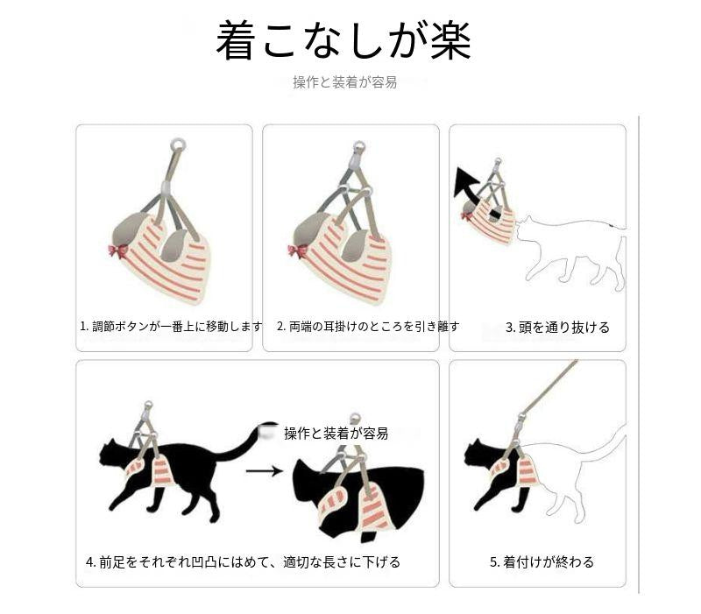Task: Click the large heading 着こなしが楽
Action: [343, 40]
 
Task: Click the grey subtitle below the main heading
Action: [344, 82]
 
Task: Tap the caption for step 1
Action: [171, 326]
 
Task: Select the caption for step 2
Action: [368, 326]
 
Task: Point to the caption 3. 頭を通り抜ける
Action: [557, 328]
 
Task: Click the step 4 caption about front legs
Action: [243, 561]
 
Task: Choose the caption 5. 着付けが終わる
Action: [542, 561]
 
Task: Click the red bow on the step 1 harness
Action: [118, 251]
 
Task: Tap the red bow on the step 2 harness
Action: [298, 251]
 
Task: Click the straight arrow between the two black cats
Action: [265, 470]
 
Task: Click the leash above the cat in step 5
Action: [549, 388]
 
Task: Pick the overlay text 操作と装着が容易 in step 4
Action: [336, 433]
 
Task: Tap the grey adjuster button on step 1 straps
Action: [166, 187]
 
